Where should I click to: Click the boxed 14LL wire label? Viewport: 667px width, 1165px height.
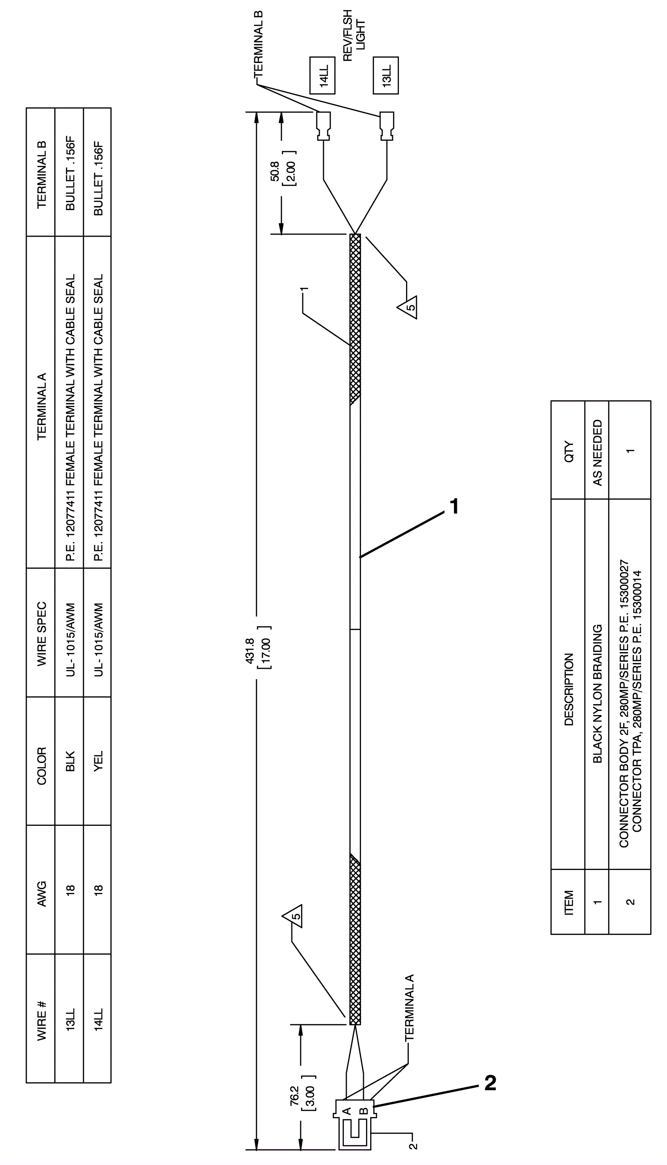(323, 75)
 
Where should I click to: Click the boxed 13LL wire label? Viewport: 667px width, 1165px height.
(386, 75)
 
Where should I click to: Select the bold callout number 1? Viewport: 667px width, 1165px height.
(454, 507)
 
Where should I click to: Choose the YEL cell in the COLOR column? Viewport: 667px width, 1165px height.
(98, 760)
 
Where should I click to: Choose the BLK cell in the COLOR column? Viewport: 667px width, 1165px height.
(70, 760)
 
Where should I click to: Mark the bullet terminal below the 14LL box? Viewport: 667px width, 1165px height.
(323, 126)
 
